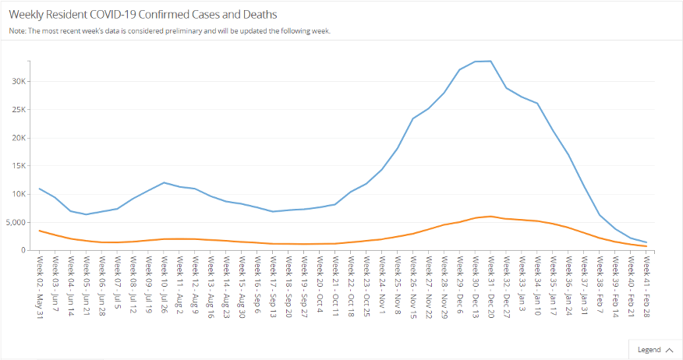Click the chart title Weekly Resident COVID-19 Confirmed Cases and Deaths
coord(143,15)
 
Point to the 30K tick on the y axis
coord(19,82)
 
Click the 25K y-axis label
coord(19,110)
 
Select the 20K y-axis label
coord(19,138)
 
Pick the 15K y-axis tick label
coord(19,166)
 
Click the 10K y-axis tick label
coord(19,194)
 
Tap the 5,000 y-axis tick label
coord(16,222)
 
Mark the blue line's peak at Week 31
coord(490,61)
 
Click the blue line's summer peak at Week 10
coord(164,182)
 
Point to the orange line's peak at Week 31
coord(490,216)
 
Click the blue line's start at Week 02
coord(39,189)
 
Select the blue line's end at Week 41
coord(646,242)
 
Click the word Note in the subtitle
coord(17,31)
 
